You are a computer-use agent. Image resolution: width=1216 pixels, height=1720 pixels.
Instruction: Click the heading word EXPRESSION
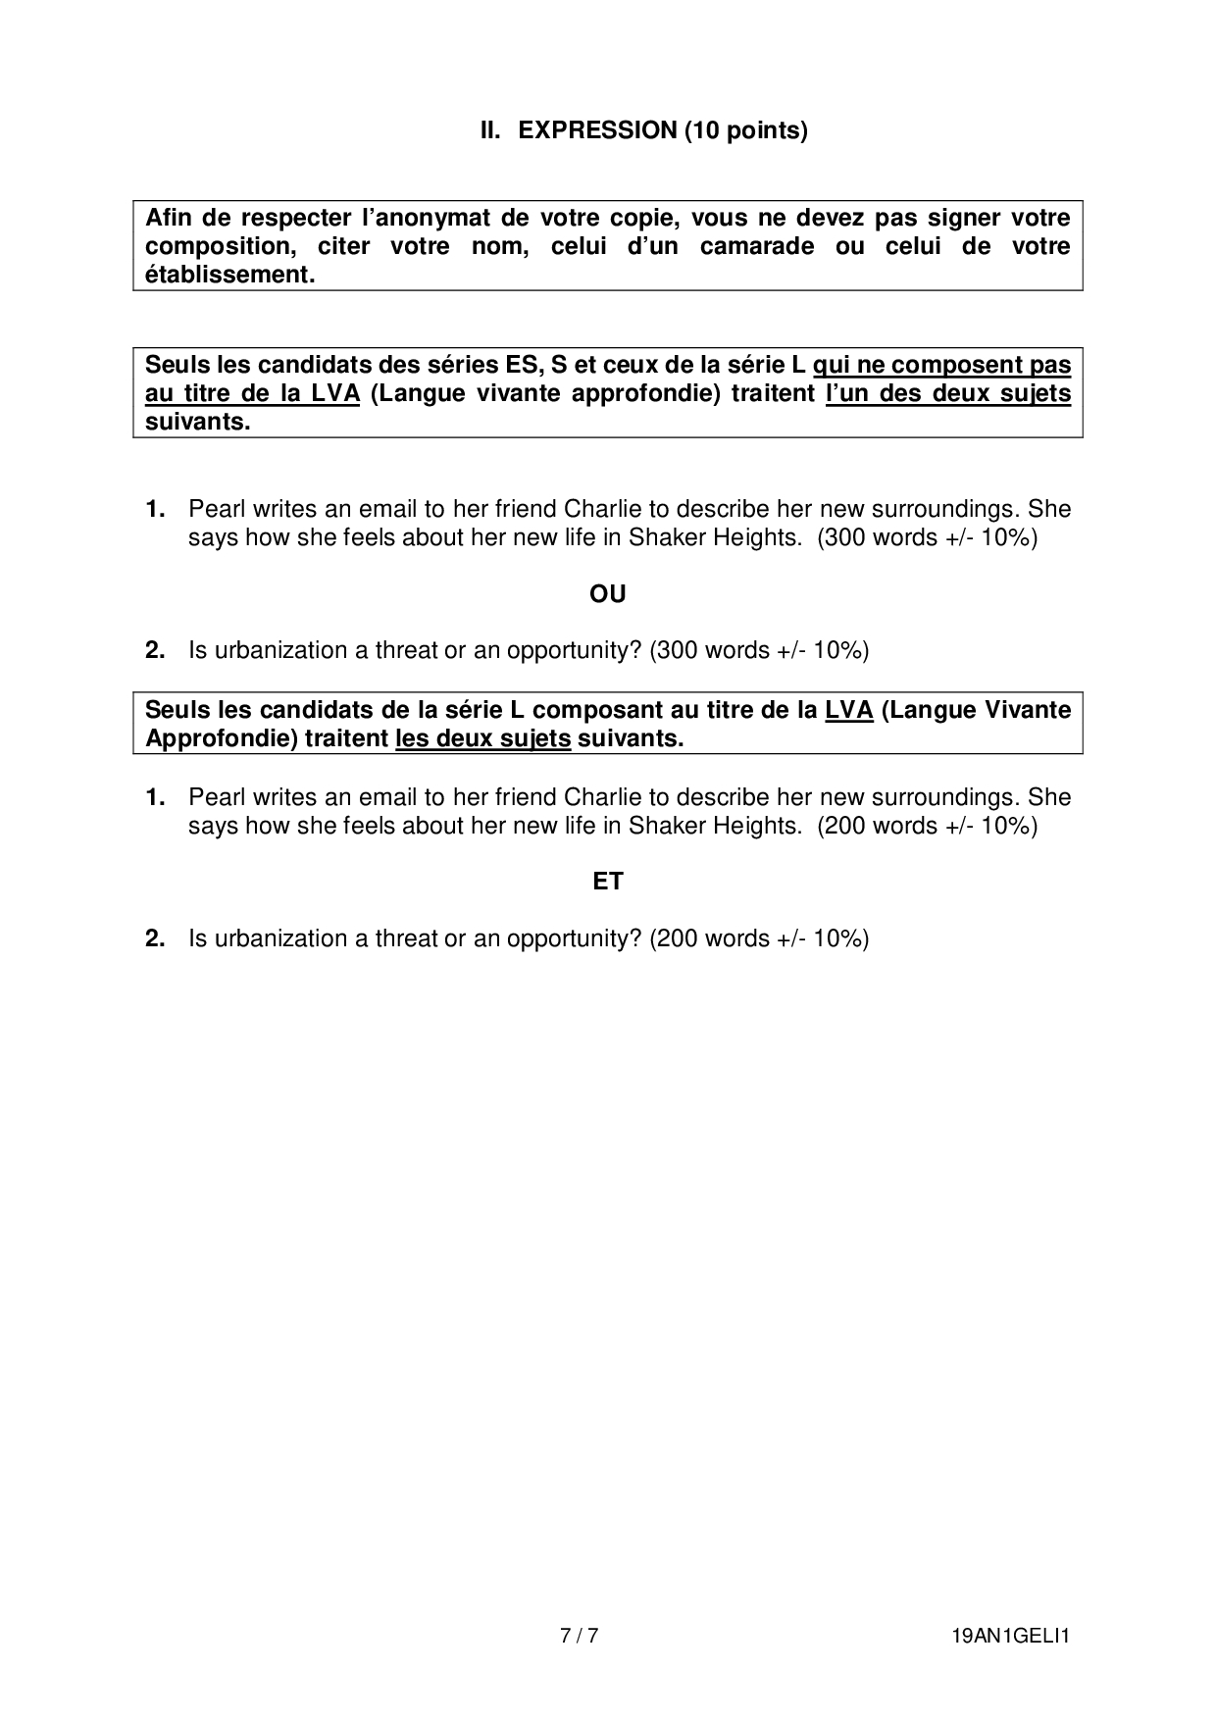596,130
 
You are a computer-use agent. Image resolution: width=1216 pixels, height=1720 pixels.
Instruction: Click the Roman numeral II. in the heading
490,130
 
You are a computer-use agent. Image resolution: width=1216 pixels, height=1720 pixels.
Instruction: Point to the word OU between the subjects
608,594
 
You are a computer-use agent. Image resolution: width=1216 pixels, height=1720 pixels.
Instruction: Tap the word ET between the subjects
608,882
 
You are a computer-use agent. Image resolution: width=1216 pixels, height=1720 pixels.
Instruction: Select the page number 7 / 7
579,1636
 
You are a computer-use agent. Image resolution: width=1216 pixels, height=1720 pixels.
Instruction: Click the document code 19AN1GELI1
1010,1636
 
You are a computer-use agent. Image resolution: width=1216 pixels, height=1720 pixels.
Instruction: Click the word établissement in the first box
230,275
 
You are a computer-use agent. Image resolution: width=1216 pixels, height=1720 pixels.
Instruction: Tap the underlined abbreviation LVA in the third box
849,710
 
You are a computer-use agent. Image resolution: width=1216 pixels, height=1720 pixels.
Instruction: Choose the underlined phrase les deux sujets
482,738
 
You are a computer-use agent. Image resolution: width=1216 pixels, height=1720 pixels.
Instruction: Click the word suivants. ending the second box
198,423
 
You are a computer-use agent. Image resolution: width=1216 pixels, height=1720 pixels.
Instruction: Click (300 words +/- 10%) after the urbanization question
759,650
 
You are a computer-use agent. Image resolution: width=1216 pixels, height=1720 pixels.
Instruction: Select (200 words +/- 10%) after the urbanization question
759,938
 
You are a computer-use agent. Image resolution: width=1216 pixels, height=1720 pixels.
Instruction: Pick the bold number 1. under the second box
155,509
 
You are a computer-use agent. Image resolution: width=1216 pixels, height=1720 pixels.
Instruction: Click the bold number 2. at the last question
155,938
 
